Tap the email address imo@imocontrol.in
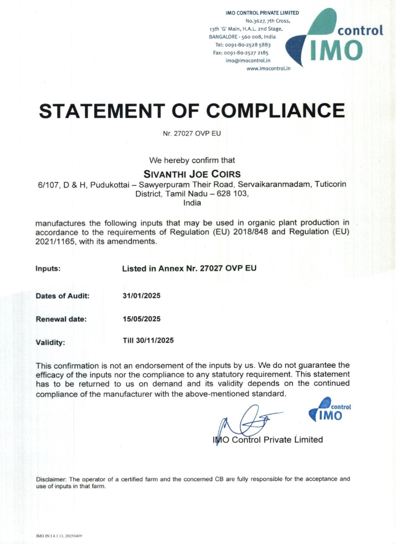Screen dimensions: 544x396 [x=248, y=61]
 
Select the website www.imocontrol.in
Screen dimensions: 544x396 [x=268, y=68]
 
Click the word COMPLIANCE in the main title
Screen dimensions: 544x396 [x=275, y=110]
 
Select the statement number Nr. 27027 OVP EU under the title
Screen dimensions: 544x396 [x=192, y=133]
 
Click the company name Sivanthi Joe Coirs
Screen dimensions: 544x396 [x=192, y=174]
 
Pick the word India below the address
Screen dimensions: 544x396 [x=192, y=203]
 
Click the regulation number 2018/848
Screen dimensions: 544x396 [x=250, y=232]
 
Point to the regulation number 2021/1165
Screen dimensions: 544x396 [x=55, y=241]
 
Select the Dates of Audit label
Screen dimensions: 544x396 [x=62, y=296]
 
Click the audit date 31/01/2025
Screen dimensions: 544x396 [x=141, y=296]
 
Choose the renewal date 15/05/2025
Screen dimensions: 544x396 [x=141, y=319]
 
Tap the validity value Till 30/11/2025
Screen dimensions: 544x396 [x=148, y=340]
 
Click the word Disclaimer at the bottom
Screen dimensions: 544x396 [x=51, y=479]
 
